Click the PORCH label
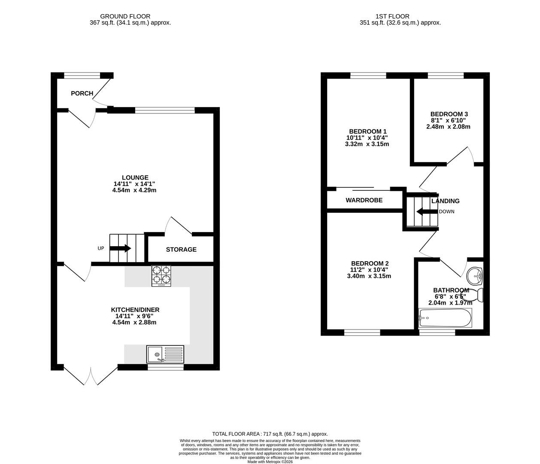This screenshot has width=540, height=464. (x=82, y=93)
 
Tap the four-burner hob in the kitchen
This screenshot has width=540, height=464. (x=161, y=276)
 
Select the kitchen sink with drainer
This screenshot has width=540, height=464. (x=165, y=354)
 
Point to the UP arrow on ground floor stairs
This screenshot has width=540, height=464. (x=120, y=248)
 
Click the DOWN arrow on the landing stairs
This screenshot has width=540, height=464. (x=427, y=212)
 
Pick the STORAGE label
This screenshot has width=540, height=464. (x=181, y=250)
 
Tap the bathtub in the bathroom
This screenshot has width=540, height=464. (x=445, y=318)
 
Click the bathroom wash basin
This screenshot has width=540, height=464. (x=475, y=276)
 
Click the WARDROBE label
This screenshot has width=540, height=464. (x=364, y=200)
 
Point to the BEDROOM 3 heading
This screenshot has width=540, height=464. (x=449, y=114)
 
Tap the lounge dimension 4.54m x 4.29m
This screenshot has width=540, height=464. (x=134, y=190)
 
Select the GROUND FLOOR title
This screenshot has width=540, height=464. (x=125, y=16)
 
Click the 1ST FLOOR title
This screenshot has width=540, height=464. (x=392, y=16)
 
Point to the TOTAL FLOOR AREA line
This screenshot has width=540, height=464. (x=270, y=434)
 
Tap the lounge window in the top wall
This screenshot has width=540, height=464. (x=165, y=110)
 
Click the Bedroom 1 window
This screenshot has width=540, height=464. (x=368, y=75)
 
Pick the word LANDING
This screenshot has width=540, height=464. (x=446, y=201)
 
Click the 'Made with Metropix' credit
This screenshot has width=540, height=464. (x=270, y=462)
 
